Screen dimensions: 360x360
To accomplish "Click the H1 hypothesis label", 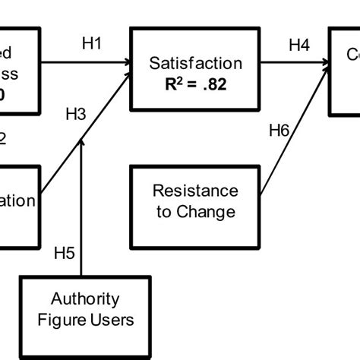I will point(92,45).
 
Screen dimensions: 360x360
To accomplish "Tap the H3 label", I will point(76,115).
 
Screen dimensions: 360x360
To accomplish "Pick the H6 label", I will point(279,131).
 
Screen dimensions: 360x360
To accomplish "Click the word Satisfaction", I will point(197,63).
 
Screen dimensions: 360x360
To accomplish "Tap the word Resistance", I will point(195,191).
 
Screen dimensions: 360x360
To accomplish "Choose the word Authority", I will point(85,298).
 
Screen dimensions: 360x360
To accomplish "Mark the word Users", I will point(112,319).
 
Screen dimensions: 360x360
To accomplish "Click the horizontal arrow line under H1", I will point(84,64).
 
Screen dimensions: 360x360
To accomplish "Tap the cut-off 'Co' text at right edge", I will point(351,55).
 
